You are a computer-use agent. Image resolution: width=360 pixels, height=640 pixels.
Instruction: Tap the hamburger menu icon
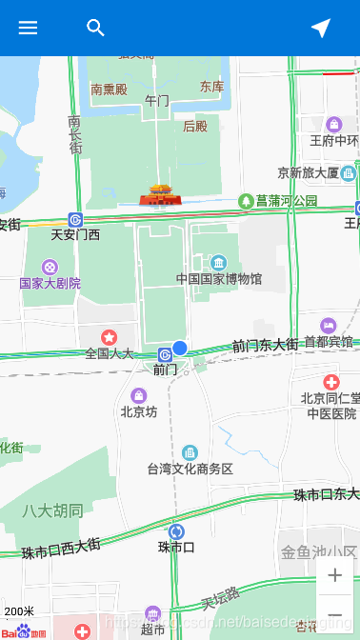29,28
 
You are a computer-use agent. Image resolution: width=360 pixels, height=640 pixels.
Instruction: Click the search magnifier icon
95,28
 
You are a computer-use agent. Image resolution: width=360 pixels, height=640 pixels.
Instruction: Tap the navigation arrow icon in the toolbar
321,28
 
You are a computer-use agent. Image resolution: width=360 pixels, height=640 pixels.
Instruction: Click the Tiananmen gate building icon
160,195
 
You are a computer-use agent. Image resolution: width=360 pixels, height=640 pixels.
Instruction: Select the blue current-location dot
180,349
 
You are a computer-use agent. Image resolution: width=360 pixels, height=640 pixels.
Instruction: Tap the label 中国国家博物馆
219,279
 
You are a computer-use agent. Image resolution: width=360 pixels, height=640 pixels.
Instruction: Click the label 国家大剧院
50,283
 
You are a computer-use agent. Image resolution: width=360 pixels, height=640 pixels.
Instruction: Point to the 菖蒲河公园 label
287,201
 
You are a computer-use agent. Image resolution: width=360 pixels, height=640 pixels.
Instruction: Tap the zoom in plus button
335,575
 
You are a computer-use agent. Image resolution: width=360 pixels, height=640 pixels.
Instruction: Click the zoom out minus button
335,614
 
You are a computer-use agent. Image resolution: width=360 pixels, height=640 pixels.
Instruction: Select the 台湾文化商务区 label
190,469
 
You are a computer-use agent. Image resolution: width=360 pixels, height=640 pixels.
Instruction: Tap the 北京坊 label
138,412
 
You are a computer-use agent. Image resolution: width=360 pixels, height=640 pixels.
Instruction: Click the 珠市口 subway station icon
176,531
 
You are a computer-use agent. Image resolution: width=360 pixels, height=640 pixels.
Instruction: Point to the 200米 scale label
19,611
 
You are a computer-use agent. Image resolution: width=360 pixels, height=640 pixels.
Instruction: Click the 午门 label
157,100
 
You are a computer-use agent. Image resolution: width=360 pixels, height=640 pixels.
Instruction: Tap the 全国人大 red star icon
110,336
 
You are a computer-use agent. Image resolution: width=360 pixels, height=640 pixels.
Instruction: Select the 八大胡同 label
52,510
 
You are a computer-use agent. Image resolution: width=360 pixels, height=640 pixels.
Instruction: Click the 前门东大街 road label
265,346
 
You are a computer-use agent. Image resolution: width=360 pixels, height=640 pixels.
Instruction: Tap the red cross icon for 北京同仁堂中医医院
331,381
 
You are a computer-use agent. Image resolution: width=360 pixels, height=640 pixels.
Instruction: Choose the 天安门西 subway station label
75,234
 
